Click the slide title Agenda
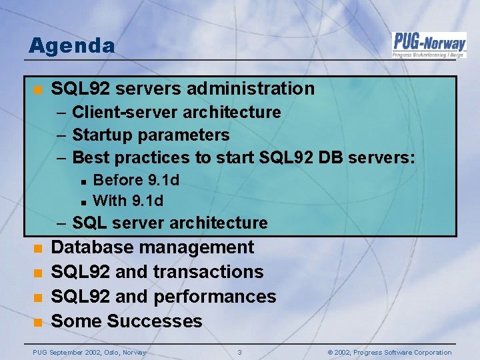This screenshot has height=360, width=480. (71, 46)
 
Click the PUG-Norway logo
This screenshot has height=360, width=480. (428, 45)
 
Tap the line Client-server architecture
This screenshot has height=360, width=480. (176, 112)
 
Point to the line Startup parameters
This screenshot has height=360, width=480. (150, 135)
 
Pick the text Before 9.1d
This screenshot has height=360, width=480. (136, 180)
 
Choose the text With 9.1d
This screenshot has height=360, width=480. (128, 201)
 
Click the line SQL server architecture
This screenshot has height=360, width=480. (169, 223)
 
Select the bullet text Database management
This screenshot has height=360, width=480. (152, 247)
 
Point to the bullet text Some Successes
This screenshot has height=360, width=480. (126, 321)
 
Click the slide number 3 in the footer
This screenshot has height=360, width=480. (240, 352)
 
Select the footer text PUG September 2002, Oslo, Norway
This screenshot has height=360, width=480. (89, 352)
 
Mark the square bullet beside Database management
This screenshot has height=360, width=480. (39, 249)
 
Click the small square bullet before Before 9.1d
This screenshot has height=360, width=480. (82, 181)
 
